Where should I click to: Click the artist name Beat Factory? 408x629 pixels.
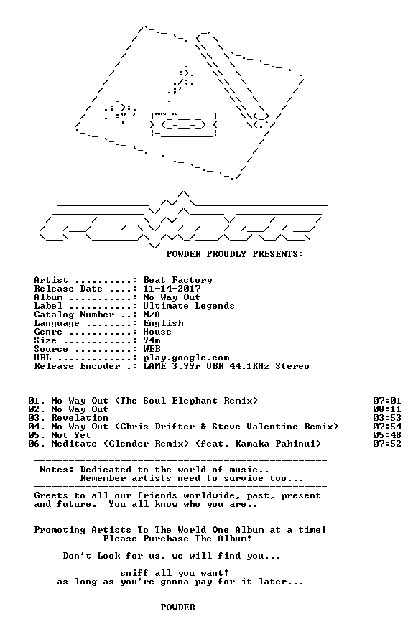tap(177, 280)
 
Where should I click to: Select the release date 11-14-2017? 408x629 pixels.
tap(172, 289)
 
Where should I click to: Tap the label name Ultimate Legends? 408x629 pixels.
tap(189, 306)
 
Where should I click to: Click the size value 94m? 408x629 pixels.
tap(152, 340)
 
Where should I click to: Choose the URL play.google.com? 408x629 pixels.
tap(187, 358)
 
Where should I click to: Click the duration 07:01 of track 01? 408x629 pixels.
tap(387, 401)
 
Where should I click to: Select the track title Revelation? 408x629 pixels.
tap(80, 418)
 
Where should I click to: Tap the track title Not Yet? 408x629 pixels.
tap(71, 435)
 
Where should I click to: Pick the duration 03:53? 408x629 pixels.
tap(387, 418)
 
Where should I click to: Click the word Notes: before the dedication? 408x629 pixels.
tap(57, 470)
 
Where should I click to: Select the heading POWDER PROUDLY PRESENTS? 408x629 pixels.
tap(235, 254)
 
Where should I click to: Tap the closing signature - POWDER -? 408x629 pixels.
tap(177, 607)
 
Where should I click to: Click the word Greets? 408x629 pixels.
tap(51, 495)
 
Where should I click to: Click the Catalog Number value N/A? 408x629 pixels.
tap(152, 314)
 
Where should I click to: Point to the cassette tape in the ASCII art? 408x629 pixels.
tap(183, 124)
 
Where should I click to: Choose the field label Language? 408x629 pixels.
tap(57, 323)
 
